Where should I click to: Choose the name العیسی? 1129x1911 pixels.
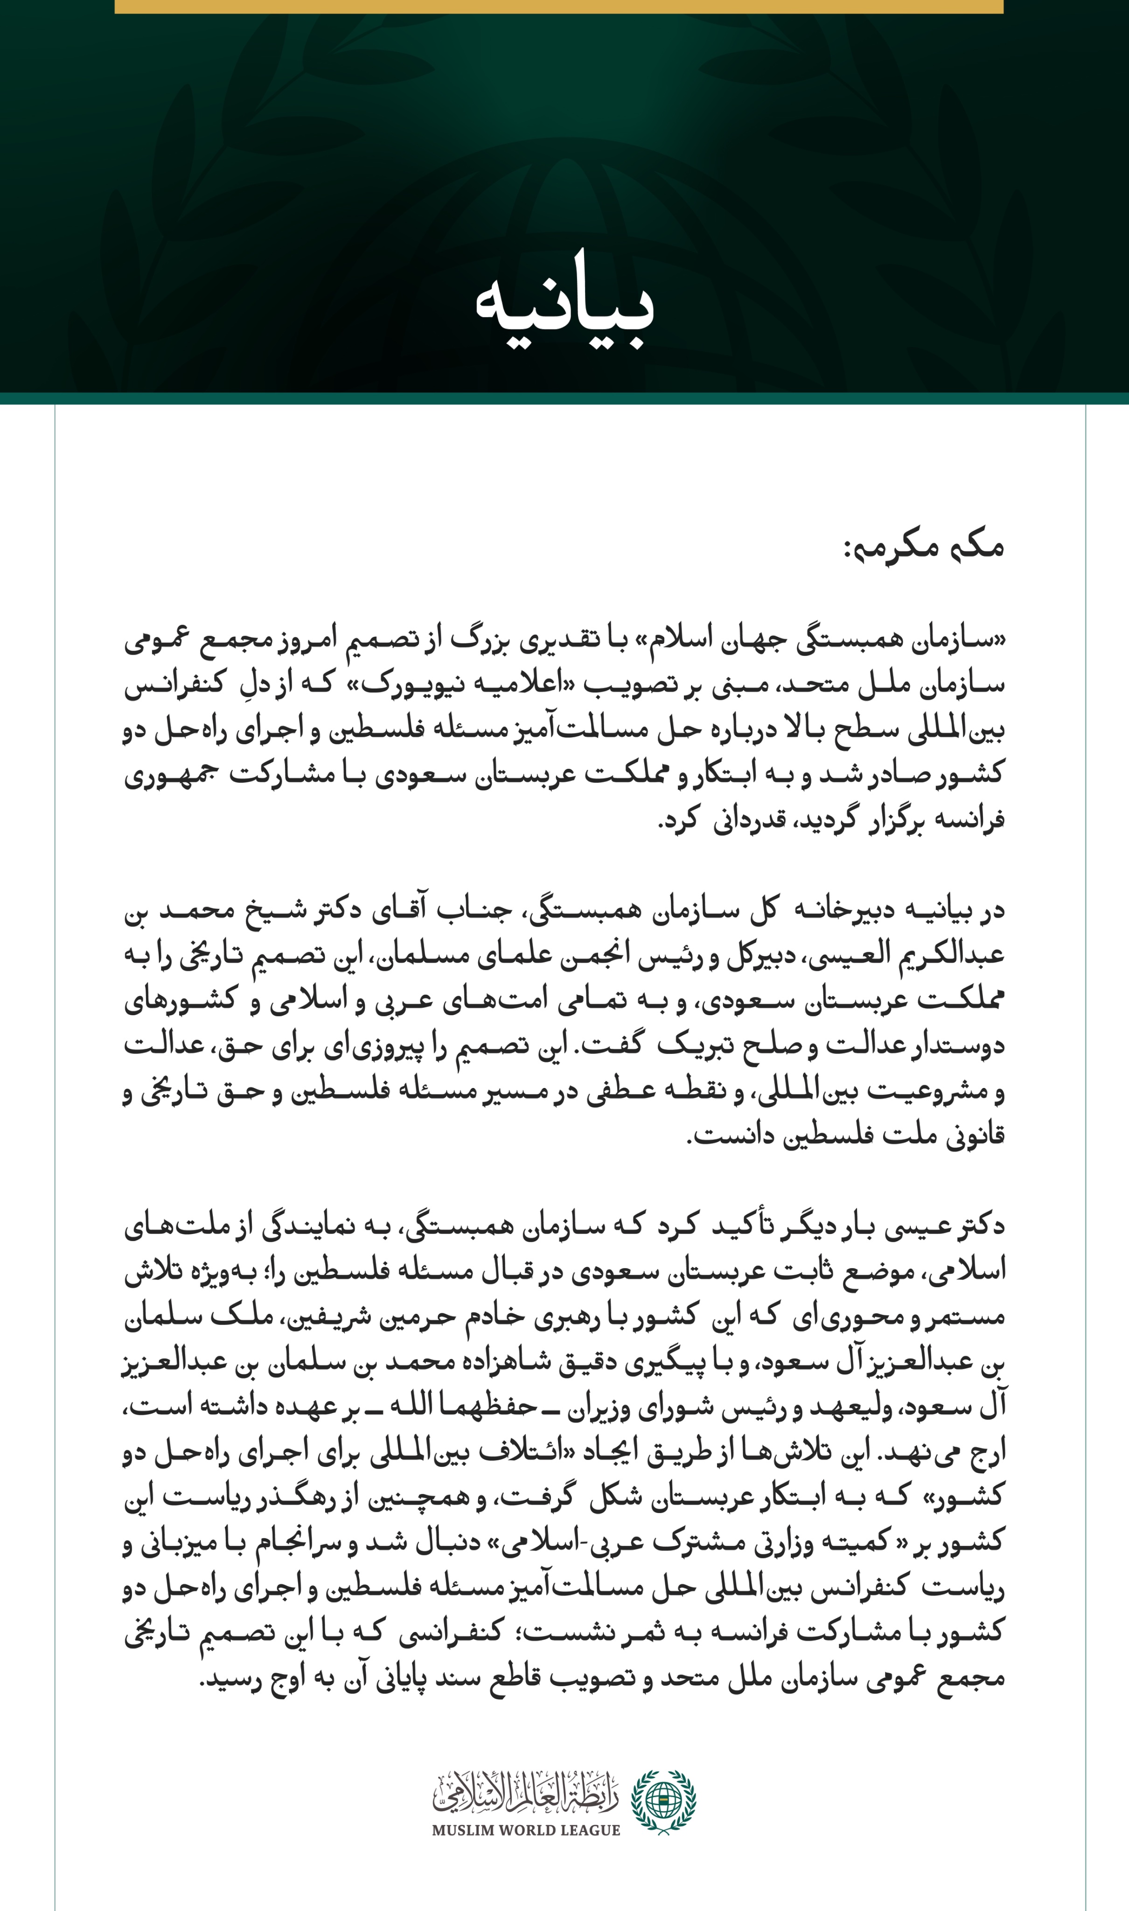click(844, 955)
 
